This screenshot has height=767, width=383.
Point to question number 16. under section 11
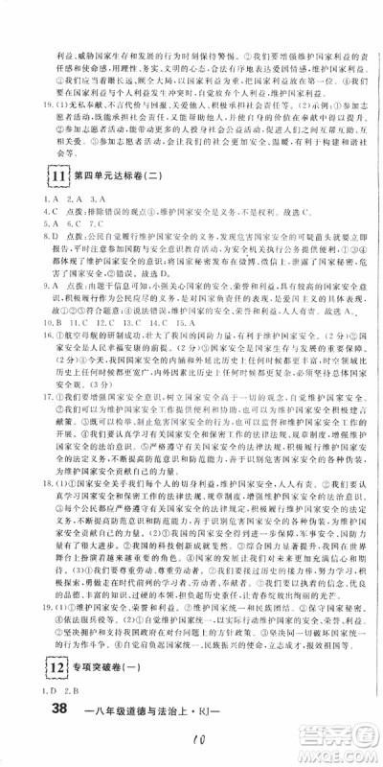click(23, 337)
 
